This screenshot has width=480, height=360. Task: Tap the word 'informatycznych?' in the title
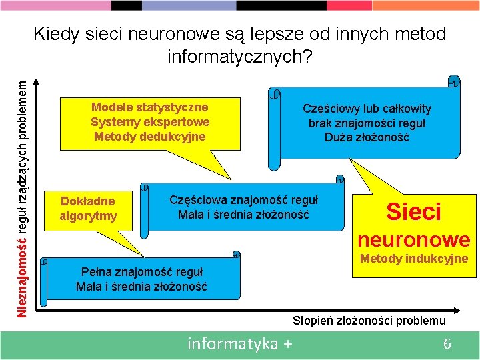(x=239, y=57)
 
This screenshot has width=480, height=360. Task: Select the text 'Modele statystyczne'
(x=149, y=107)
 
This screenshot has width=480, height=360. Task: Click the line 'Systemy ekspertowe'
(x=150, y=122)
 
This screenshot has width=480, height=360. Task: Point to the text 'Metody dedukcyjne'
(x=150, y=137)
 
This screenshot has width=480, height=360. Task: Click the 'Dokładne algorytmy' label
(x=88, y=208)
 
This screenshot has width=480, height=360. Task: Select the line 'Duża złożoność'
(x=367, y=138)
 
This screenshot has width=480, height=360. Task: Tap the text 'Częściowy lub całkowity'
(x=367, y=109)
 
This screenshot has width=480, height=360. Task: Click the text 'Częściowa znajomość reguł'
(x=243, y=200)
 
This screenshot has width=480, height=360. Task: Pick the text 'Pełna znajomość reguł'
(x=141, y=272)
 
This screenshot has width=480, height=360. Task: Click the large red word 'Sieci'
(x=414, y=212)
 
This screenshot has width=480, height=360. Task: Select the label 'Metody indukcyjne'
(x=414, y=259)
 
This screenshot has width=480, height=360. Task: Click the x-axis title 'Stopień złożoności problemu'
(x=369, y=321)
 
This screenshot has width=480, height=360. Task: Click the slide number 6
(x=447, y=344)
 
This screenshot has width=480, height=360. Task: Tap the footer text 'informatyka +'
(x=240, y=344)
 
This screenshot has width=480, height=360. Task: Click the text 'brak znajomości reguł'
(x=367, y=123)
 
